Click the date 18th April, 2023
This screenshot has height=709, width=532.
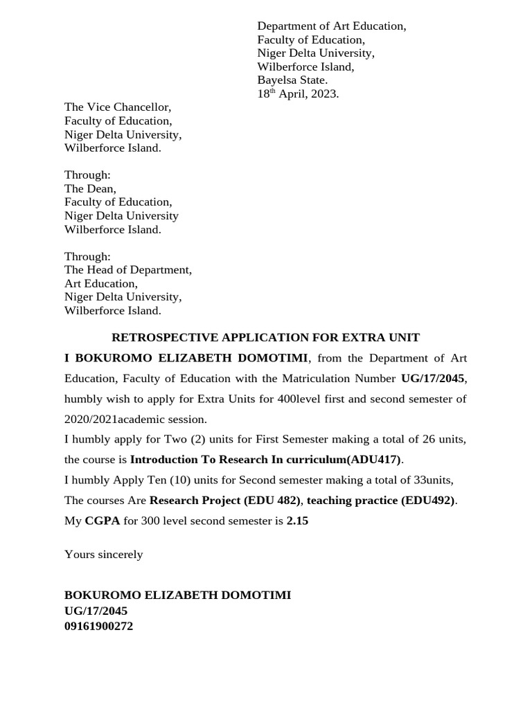point(298,94)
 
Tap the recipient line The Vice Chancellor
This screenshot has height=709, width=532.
point(117,107)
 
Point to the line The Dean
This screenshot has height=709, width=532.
point(90,188)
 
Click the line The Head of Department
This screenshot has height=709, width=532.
point(127,270)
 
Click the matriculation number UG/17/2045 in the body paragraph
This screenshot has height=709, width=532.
point(432,379)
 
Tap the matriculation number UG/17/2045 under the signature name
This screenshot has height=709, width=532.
point(96,611)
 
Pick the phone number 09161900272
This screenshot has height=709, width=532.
point(98,627)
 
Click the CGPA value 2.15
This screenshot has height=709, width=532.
point(297,521)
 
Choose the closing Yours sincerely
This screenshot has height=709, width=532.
point(103,555)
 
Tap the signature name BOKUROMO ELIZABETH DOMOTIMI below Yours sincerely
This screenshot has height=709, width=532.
point(177,595)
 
